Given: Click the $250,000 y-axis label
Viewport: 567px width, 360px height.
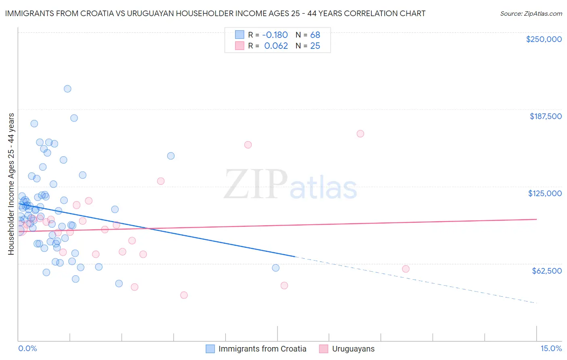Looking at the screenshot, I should [x=544, y=39].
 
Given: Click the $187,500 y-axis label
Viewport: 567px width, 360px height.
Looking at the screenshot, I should [x=545, y=116].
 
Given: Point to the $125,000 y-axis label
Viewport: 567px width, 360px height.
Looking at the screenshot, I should [x=545, y=193].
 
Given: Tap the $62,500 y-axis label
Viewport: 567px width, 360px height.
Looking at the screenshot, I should [x=546, y=271].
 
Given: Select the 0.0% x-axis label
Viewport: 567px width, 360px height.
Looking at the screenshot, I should [x=27, y=348].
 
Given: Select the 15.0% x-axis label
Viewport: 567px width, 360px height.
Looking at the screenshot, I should [x=551, y=348].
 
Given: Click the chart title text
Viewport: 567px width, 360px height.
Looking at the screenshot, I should [x=215, y=13].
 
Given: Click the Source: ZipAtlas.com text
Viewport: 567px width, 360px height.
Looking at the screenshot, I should [x=531, y=14].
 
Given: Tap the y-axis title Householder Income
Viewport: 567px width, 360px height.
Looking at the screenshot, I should [x=11, y=184].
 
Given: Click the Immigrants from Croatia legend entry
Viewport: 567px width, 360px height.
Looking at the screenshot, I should [x=262, y=349].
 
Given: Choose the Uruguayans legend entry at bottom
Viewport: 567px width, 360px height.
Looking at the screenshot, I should [x=353, y=349].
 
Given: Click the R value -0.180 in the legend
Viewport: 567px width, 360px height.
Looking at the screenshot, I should [x=275, y=35].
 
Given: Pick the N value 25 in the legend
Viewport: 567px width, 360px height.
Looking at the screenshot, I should [x=315, y=46].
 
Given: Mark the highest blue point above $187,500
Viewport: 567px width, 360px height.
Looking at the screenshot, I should [x=67, y=89].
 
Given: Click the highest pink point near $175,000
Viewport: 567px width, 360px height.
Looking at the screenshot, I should [x=360, y=134].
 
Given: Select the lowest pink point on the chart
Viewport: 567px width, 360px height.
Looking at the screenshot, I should [x=184, y=295].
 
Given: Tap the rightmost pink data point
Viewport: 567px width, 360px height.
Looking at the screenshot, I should [x=406, y=269].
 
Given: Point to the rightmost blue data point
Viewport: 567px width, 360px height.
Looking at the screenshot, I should [x=275, y=268].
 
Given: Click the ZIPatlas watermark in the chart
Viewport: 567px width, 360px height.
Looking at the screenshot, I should [x=290, y=185].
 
